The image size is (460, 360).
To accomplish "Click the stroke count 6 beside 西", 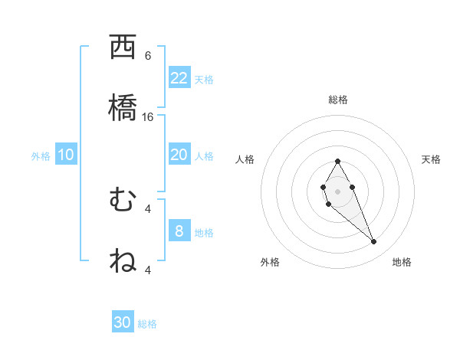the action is coord(148,56).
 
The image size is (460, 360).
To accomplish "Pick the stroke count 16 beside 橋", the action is coord(148,117).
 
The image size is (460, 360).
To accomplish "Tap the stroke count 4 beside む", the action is coord(148,208).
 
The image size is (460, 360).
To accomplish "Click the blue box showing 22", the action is coord(179,77).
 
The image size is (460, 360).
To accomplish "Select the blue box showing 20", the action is coord(179,155).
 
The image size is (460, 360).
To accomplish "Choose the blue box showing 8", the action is coord(179,231).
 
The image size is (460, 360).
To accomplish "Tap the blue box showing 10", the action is coord(66,155).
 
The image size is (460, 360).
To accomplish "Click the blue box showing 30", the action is coord(123,322).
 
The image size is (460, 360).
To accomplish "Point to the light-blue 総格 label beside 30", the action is coord(147,324).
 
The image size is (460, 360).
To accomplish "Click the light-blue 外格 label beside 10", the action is coord(41,156).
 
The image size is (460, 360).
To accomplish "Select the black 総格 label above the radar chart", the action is coord(337,100).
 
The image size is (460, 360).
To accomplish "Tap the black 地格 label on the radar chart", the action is coord(402,262).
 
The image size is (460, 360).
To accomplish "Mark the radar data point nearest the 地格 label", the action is coord(374,242).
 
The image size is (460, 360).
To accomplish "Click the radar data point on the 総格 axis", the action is coord(337,161).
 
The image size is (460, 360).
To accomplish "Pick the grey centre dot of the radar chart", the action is coord(337,191).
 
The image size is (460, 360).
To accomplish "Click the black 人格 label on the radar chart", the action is coord(245,159).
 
